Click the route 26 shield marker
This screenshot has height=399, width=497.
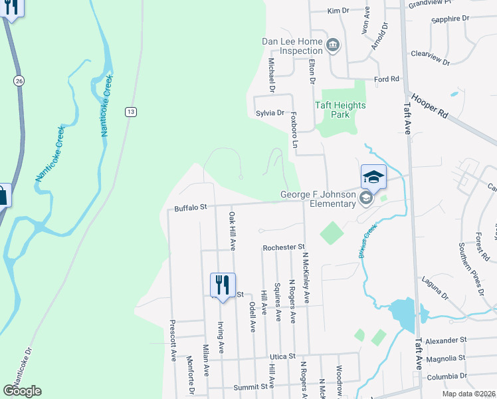tap(18, 80)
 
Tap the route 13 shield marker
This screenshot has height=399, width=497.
tap(132, 111)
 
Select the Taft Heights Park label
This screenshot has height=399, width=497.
tap(341, 110)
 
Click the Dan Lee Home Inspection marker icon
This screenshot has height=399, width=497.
tap(334, 45)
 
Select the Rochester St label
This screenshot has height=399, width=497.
tap(283, 247)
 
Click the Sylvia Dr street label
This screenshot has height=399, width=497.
tap(270, 113)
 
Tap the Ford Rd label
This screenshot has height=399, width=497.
tap(386, 79)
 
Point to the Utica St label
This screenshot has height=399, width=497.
tap(282, 357)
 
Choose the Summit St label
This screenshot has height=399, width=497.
tap(254, 386)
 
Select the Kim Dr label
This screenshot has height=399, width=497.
tap(338, 11)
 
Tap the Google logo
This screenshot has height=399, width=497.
tap(22, 391)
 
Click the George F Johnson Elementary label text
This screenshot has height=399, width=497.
tap(318, 199)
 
